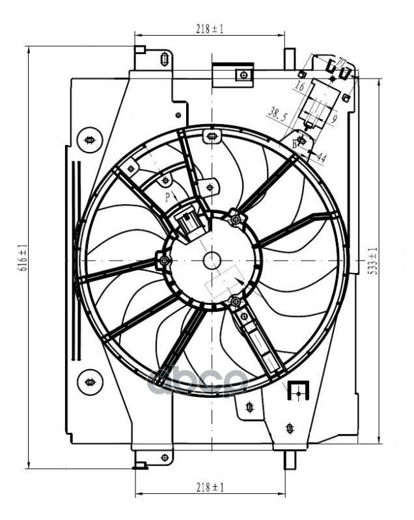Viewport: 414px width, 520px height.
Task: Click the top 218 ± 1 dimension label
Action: (209, 29)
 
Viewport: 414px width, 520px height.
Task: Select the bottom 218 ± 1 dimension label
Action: (209, 487)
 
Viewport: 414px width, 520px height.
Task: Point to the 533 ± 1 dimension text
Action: (373, 260)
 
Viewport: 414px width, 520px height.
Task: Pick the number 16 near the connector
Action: (299, 86)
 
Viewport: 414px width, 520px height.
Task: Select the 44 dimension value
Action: (321, 157)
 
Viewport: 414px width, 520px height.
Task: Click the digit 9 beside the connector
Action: (333, 119)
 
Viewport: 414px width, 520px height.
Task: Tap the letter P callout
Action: (167, 196)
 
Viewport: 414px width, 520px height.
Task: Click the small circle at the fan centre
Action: (212, 261)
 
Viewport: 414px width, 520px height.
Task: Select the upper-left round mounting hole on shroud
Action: (90, 139)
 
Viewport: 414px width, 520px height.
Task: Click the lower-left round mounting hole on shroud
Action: (90, 382)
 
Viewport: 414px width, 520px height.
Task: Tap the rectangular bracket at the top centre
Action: (233, 73)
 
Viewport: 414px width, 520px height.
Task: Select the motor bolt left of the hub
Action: (164, 261)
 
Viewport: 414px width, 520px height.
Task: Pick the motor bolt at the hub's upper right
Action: (236, 218)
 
